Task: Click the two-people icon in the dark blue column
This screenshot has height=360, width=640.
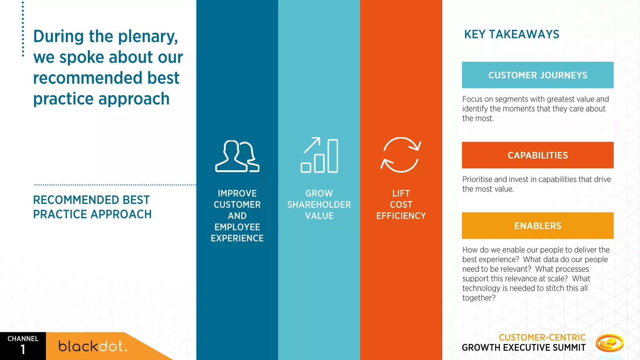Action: coord(237,156)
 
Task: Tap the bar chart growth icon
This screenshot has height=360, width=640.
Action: coord(319,155)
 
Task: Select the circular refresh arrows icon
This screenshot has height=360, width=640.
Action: coord(401,155)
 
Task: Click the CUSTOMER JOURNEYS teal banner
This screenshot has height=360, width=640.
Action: coord(537,75)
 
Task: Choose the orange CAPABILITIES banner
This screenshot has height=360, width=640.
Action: coord(537,155)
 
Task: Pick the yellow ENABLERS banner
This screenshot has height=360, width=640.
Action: coord(537,226)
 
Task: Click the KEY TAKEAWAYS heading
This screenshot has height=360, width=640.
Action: coord(512,34)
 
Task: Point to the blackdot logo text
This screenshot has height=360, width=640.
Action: coord(93,346)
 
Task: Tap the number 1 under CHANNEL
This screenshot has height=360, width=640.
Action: coord(23,350)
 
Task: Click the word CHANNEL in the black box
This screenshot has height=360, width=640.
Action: coord(23,339)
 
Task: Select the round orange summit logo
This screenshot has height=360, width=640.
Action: coord(609,343)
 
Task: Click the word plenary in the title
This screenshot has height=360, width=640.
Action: coord(148,37)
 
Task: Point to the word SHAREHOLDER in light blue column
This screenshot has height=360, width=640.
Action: coord(319,205)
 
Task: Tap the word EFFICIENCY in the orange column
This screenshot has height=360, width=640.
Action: coord(401,216)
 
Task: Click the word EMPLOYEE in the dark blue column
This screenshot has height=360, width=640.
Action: coord(237,227)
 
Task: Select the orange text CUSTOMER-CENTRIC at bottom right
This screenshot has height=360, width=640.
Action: coord(542,337)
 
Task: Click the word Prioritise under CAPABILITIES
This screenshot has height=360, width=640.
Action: coord(477,179)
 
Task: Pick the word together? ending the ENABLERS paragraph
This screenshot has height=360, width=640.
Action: coord(479,298)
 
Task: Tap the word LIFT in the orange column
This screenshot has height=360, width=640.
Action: coord(401,193)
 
